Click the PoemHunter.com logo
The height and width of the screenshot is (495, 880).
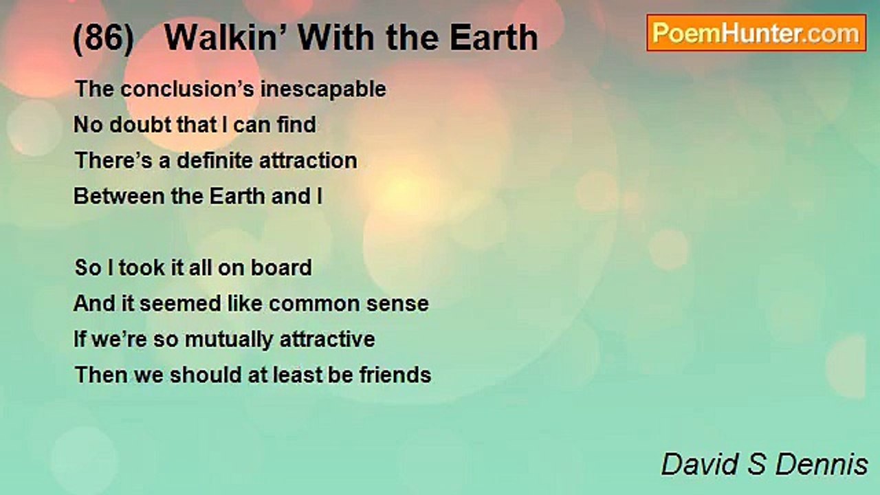[x=756, y=33]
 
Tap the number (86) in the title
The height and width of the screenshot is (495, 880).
[x=104, y=38]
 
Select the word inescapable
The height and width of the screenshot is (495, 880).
[x=323, y=89]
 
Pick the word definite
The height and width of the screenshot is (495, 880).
[x=214, y=160]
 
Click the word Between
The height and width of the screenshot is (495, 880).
[x=119, y=196]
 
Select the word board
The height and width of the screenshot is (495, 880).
[x=281, y=267]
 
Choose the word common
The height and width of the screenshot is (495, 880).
[x=314, y=304]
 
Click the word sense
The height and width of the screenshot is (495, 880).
[x=397, y=304]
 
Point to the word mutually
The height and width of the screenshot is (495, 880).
[x=229, y=340]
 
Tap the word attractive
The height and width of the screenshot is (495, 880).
[x=327, y=340]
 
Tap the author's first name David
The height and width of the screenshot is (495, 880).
[x=700, y=464]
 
